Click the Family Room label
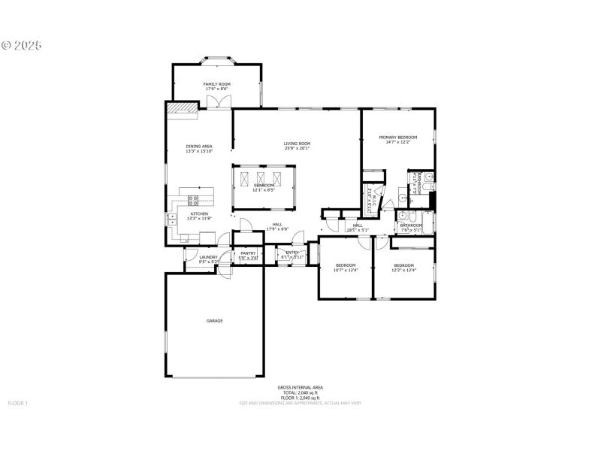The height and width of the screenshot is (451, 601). [x=217, y=84]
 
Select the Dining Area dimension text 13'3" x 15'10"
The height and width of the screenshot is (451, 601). [x=199, y=151]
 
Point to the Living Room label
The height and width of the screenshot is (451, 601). [x=297, y=144]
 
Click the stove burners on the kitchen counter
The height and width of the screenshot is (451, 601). [x=192, y=200]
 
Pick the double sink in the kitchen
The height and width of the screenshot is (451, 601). [x=171, y=219]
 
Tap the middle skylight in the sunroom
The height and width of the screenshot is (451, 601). [x=261, y=179]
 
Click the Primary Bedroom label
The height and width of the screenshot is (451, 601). [x=397, y=138]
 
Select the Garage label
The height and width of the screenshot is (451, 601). [x=215, y=321]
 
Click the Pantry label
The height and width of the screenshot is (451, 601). [x=248, y=253]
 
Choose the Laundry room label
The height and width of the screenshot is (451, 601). [x=208, y=257]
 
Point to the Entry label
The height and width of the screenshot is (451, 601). [x=292, y=253]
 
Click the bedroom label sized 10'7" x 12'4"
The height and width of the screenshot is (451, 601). [x=346, y=265]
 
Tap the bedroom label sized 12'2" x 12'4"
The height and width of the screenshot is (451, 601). [x=403, y=265]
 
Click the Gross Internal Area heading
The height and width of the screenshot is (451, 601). [x=300, y=387]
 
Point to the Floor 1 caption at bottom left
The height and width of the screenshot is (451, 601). [x=17, y=404]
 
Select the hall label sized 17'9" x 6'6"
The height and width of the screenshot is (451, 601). [x=277, y=225]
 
